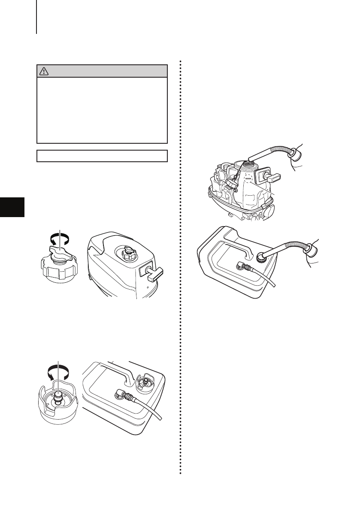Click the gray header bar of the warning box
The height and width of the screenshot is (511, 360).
point(102,71)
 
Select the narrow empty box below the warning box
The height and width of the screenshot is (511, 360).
point(102,156)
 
